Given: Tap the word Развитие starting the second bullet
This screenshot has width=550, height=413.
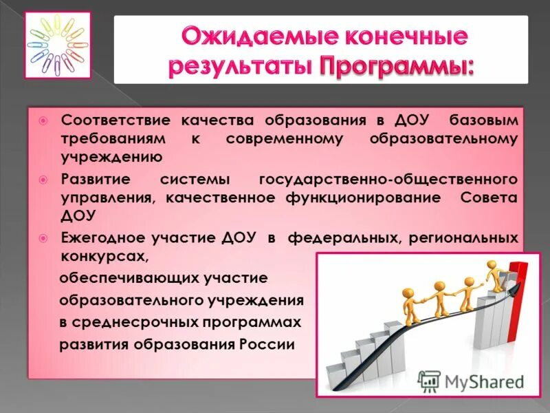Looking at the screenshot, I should pyautogui.click(x=93, y=179).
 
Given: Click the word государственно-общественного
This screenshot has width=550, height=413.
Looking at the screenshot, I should pyautogui.click(x=388, y=179).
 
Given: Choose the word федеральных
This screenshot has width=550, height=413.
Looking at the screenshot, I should pyautogui.click(x=336, y=237).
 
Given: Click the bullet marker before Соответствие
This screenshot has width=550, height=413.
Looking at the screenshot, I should pyautogui.click(x=43, y=120).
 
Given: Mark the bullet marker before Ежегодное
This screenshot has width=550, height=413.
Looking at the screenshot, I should pyautogui.click(x=43, y=237).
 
